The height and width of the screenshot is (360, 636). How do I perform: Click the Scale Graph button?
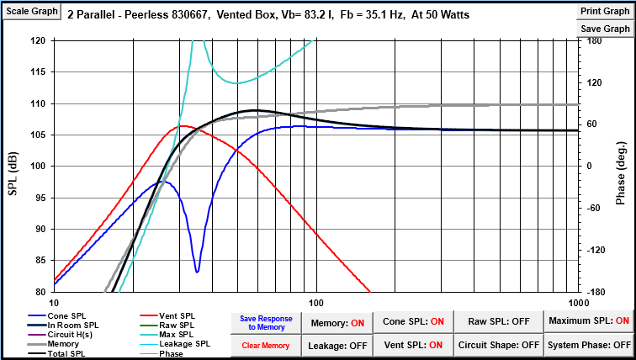coord(34,11)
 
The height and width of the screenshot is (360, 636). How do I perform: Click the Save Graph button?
coord(605,28)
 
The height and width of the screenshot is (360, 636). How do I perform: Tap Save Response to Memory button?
coord(266,323)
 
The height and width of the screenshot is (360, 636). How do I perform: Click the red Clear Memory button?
coord(266,346)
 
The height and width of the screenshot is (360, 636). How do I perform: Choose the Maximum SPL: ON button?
coord(588,321)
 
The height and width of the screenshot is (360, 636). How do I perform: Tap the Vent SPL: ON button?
coord(414,345)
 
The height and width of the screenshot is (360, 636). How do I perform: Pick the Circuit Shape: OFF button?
coord(499,345)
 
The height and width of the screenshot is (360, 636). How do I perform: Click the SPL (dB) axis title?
coord(13,165)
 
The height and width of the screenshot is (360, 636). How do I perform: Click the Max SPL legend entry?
coord(172,335)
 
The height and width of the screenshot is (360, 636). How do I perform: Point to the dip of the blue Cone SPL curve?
coord(197,271)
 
